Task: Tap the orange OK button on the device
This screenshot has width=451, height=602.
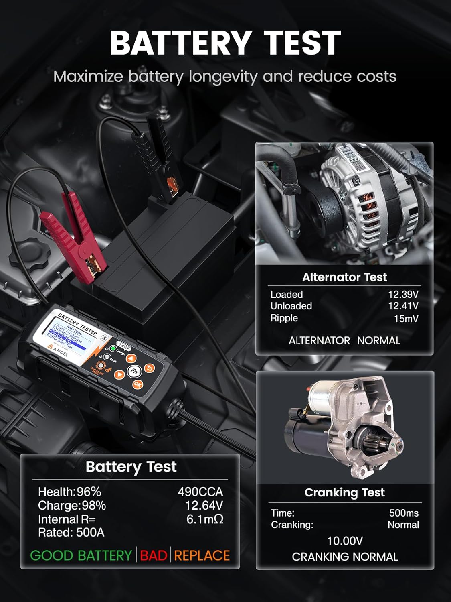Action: coord(138,385)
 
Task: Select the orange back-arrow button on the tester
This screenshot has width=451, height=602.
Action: coord(150,368)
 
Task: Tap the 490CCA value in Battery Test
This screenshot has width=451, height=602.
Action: coord(200,492)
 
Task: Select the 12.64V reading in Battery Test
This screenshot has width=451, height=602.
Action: coord(204,505)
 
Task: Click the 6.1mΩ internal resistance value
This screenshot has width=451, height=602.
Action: coord(205,519)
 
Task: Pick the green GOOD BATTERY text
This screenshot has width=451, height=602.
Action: coord(81,555)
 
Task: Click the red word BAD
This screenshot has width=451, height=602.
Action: coord(154,555)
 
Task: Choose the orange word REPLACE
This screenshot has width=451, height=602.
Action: coord(202,555)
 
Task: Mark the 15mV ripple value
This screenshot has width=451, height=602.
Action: coord(406,319)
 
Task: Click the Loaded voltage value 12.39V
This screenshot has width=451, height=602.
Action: coord(403,294)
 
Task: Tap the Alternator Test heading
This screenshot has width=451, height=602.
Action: coord(344,277)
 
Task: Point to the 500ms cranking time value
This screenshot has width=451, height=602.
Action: coord(404,513)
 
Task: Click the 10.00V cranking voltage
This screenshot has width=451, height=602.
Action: coord(345,541)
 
